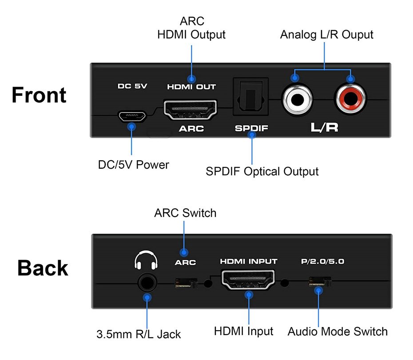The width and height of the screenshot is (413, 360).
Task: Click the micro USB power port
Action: (x=131, y=116)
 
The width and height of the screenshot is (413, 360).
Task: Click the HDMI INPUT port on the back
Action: (x=248, y=280)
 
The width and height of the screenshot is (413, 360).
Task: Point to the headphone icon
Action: (x=146, y=260)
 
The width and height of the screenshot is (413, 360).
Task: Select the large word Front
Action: (x=39, y=95)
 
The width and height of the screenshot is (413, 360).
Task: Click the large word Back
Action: (x=43, y=268)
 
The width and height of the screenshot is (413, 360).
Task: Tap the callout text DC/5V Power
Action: (x=133, y=165)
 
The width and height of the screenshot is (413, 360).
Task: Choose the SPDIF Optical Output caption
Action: (x=262, y=171)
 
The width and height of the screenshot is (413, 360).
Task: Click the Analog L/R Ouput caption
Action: (x=326, y=35)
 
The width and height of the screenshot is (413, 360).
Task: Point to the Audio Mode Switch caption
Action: (x=338, y=331)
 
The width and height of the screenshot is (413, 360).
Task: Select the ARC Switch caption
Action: (x=185, y=213)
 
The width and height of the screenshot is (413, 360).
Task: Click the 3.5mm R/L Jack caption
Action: (x=139, y=334)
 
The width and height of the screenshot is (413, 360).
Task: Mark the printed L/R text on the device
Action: (x=324, y=128)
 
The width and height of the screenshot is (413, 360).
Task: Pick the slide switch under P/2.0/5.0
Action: (x=320, y=282)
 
